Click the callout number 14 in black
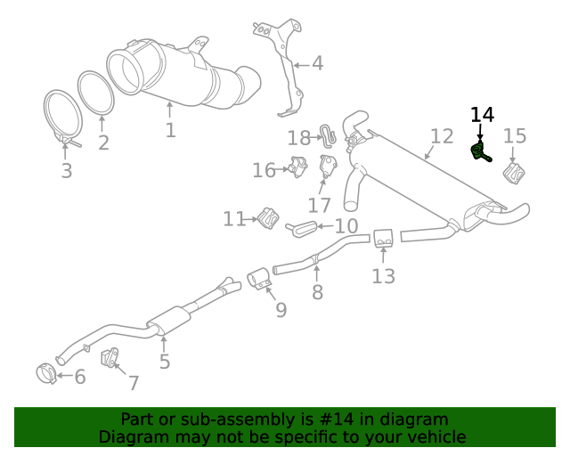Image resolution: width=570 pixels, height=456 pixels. pos(482,115)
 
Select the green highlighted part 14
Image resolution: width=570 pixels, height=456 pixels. pos(480,152)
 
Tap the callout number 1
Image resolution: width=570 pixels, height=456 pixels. pos(170,130)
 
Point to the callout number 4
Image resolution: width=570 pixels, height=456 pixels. pos(317,63)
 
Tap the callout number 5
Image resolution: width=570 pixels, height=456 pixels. pos(165,362)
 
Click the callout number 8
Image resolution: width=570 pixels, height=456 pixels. pos(317,291)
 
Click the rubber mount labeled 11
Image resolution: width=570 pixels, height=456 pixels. pos(266,216)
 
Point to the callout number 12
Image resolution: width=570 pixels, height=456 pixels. pos(442,136)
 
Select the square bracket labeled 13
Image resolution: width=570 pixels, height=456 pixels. pos(383,239)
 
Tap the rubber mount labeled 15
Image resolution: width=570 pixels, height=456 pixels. pos(514,174)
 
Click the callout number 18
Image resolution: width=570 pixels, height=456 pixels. pos(298,137)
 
